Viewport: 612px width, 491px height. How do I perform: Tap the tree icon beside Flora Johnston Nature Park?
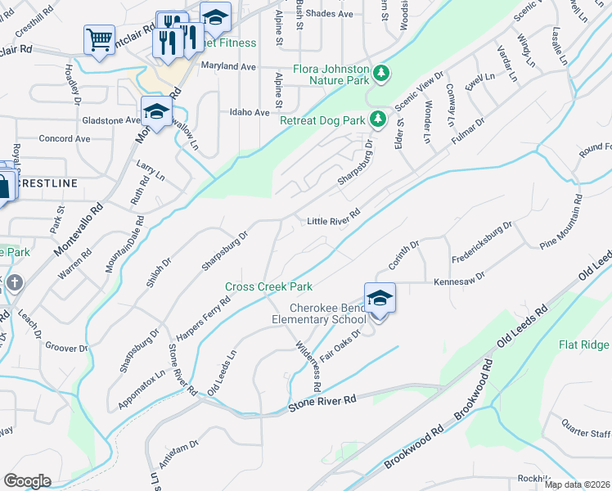[x=380, y=74]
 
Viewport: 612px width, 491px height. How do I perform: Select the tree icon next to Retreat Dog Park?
[x=377, y=120]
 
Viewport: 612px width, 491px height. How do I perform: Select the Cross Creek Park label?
[x=269, y=287]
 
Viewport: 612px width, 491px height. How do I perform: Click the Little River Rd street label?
[x=333, y=221]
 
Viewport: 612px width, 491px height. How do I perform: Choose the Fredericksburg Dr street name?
[x=484, y=236]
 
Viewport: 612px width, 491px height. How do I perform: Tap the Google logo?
[x=27, y=480]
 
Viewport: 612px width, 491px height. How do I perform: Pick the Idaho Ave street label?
[x=250, y=112]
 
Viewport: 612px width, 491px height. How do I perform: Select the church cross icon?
[x=15, y=285]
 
